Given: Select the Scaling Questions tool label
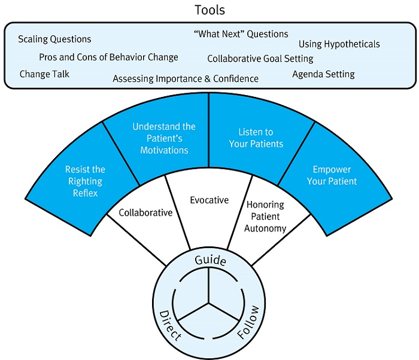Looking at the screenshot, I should [x=54, y=39].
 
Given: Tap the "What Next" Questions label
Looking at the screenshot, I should [x=241, y=34].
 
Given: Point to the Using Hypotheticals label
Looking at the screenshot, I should [x=339, y=44].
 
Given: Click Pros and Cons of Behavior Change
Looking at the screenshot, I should [x=108, y=57].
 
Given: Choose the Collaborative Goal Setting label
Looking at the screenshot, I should [x=260, y=59].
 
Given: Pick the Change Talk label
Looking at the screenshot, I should [x=44, y=75].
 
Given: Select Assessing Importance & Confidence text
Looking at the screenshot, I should [x=186, y=78].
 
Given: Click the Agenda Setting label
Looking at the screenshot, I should [x=323, y=74].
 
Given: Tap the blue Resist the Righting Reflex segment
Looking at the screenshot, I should [x=84, y=181].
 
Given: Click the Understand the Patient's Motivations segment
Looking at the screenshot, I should [x=164, y=138].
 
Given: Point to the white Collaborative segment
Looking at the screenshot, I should [x=145, y=212].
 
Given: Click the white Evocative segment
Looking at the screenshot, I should [x=209, y=200].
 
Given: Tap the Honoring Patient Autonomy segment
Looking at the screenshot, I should [x=266, y=216].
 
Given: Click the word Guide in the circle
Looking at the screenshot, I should [x=210, y=261].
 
